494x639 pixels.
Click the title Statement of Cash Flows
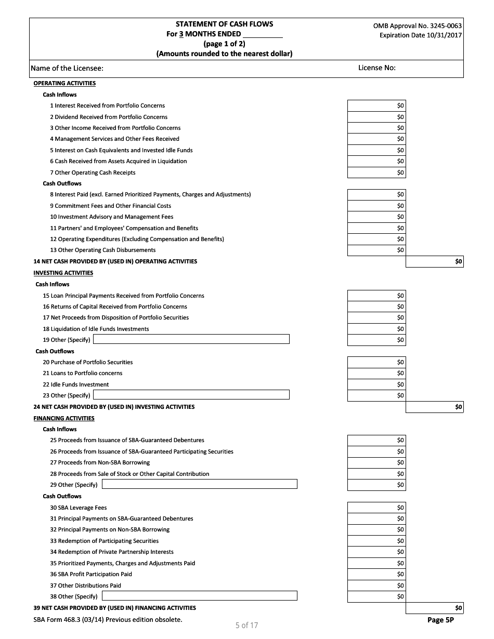(x=224, y=24)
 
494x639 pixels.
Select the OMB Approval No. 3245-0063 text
(x=417, y=25)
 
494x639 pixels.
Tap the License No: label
(x=377, y=68)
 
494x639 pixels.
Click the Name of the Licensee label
(x=67, y=68)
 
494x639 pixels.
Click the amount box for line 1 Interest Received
(x=376, y=105)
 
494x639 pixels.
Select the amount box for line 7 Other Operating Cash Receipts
(x=376, y=172)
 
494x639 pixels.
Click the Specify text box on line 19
(x=191, y=339)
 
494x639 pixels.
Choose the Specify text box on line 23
(x=191, y=395)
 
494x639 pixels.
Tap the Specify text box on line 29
(x=200, y=484)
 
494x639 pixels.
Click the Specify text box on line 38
(x=200, y=596)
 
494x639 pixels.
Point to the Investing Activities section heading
(x=63, y=273)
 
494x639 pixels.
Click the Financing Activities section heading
(x=64, y=418)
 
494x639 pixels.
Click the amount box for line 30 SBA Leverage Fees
(x=376, y=508)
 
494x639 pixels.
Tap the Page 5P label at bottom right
(x=440, y=620)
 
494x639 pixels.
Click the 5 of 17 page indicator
(x=246, y=625)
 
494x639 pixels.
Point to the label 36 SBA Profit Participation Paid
(x=91, y=574)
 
